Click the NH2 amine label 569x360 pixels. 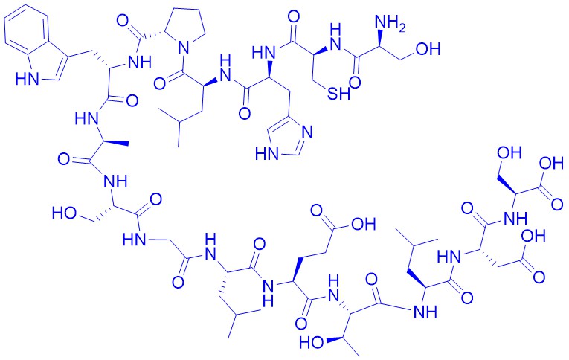tap(390, 24)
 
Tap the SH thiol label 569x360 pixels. tap(338, 94)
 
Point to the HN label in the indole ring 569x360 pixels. tap(28, 79)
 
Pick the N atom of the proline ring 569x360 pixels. tap(184, 47)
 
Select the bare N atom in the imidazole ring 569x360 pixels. tap(307, 132)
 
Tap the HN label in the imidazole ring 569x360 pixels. tap(267, 154)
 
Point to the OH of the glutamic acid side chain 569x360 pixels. tap(362, 224)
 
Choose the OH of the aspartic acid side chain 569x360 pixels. tap(533, 237)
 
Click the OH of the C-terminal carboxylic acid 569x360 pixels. tap(551, 164)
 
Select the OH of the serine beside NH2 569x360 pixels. tap(428, 48)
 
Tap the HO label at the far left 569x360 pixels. tap(64, 213)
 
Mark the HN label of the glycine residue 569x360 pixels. tap(135, 240)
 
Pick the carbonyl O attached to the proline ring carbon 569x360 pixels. tap(123, 21)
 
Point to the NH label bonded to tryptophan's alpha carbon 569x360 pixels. tap(139, 62)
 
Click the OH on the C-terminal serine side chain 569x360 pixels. tap(509, 152)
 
